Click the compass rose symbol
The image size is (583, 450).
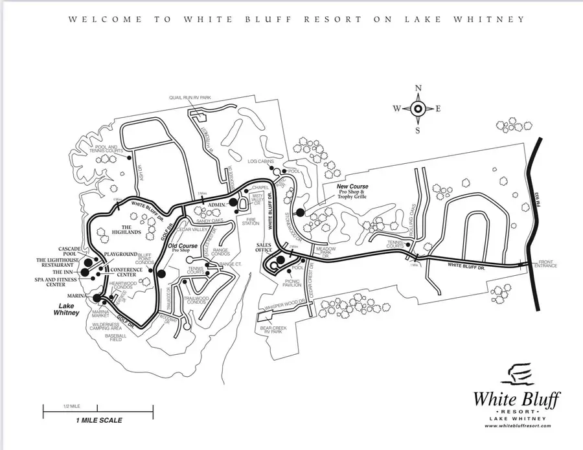point(418,108)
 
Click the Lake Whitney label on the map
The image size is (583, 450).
point(65,308)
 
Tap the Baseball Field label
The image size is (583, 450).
point(115,338)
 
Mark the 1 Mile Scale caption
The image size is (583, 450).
point(98,420)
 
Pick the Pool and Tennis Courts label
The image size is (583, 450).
point(106,150)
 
